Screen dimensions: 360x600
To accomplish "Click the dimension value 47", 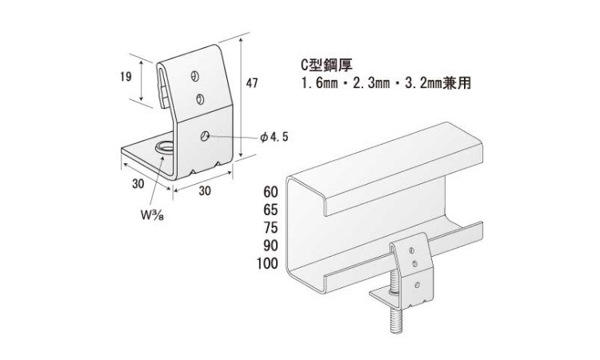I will coord(252,82).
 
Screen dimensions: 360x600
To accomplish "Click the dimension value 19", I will coord(125,78).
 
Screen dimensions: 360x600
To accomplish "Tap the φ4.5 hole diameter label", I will coord(274,138).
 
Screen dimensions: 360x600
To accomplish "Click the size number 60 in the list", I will coord(270,192).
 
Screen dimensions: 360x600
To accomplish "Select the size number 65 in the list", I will coord(270,210).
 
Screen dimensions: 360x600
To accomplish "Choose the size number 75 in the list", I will coord(270,228).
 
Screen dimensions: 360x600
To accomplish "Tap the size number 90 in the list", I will coord(270,246).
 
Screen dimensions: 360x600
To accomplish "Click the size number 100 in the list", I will coord(267,263).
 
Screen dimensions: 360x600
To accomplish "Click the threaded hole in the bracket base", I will coord(165,147).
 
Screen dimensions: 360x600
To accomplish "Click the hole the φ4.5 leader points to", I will coord(206,136).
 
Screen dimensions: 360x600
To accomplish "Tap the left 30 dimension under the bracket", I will coord(138,184).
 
